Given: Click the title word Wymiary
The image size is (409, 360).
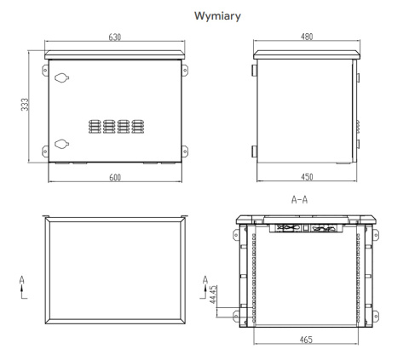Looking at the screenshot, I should [x=205, y=15].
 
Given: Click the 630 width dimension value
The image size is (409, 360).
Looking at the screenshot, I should [x=116, y=37].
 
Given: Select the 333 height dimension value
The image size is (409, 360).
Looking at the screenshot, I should [x=26, y=106].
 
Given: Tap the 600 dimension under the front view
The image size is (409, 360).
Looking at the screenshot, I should [x=116, y=177].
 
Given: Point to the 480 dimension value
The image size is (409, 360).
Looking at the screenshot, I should [x=307, y=37].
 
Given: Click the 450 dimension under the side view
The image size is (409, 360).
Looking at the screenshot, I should [x=307, y=177].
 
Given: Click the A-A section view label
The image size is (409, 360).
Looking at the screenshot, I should [x=299, y=202].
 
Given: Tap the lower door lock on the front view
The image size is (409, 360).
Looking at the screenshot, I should [x=60, y=143].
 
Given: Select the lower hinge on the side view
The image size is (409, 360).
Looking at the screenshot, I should [x=253, y=151].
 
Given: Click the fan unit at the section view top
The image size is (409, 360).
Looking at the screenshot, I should [x=307, y=228].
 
